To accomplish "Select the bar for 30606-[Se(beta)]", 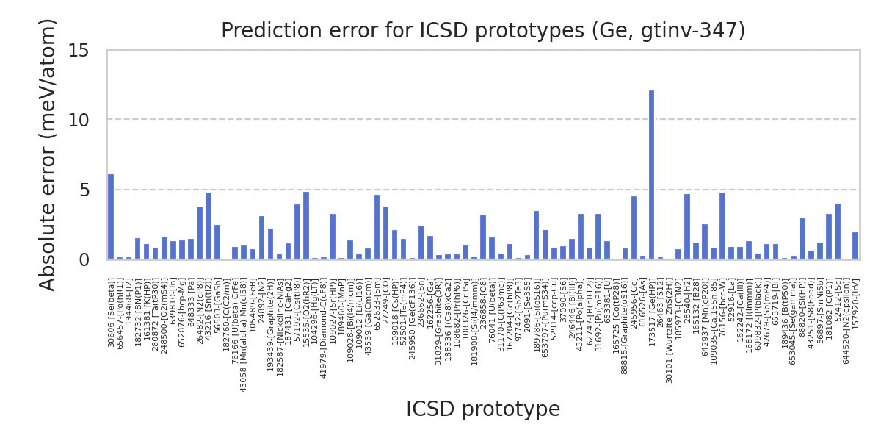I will pyautogui.click(x=111, y=217).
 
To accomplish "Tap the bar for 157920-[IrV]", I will pyautogui.click(x=855, y=246).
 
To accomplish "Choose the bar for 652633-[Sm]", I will pyautogui.click(x=377, y=227).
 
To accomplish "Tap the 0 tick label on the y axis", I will pyautogui.click(x=84, y=260).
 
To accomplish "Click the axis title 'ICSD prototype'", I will pyautogui.click(x=483, y=409).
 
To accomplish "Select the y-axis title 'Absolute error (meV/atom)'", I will pyautogui.click(x=48, y=154).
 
